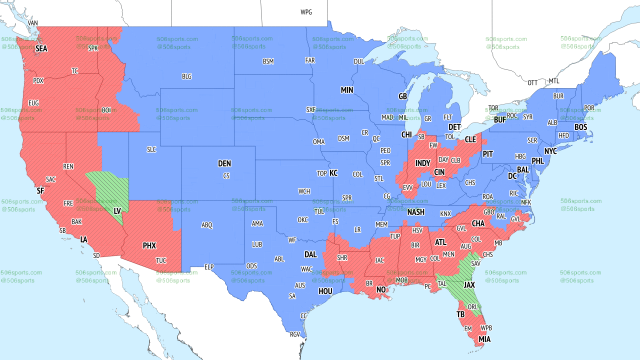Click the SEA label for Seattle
(x=41, y=49)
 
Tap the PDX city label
(x=38, y=80)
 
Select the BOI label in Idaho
(x=106, y=110)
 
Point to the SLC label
(x=151, y=149)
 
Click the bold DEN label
(x=224, y=163)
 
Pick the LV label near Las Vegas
(x=118, y=212)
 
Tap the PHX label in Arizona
(x=149, y=245)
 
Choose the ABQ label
(x=207, y=225)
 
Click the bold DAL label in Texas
(x=310, y=254)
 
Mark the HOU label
(x=325, y=291)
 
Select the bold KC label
(x=333, y=173)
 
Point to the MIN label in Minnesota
(x=347, y=90)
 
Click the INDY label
(x=422, y=163)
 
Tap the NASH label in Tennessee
(x=415, y=212)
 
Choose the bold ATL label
(x=440, y=242)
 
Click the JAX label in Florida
(x=469, y=284)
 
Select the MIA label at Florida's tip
(x=484, y=339)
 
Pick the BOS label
(x=580, y=127)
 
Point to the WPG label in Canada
(x=306, y=12)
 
